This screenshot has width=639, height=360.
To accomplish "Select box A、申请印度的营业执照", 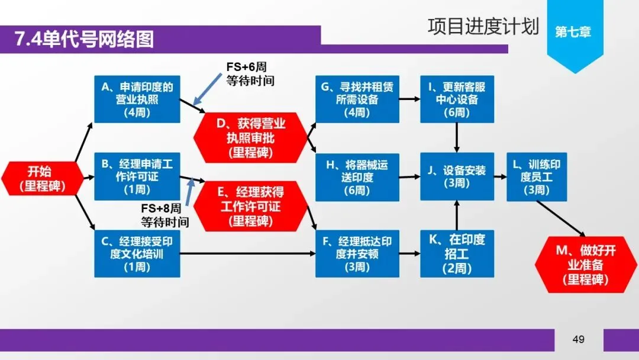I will click(x=137, y=99).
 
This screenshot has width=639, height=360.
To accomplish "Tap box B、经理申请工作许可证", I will click(x=137, y=176).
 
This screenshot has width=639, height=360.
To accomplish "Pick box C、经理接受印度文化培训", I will click(x=137, y=254).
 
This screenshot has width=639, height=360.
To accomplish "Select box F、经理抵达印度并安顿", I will click(x=357, y=253).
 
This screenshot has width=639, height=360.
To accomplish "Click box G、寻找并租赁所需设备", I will click(x=357, y=99).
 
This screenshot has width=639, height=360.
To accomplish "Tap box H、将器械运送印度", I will click(x=357, y=177).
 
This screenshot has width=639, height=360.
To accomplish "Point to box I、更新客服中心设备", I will click(x=457, y=99).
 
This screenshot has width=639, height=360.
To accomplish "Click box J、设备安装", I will click(x=457, y=176).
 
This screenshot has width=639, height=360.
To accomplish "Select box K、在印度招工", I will click(x=457, y=253).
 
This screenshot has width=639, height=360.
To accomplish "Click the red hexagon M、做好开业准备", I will click(x=586, y=264).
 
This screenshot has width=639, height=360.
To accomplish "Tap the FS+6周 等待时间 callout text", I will click(x=250, y=73).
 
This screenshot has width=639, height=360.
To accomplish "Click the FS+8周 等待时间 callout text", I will click(x=165, y=216).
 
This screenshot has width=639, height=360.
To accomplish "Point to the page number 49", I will click(x=578, y=339).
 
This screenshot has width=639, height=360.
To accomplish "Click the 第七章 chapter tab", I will click(x=573, y=32).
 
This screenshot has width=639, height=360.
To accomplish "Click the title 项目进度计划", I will click(x=483, y=27).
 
